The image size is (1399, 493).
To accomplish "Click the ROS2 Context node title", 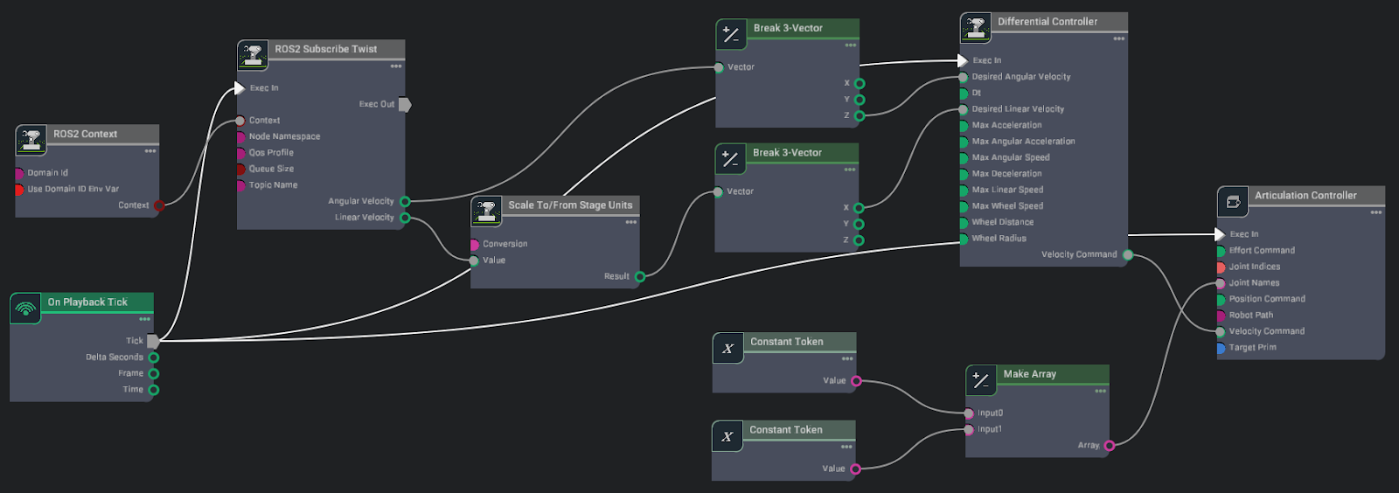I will click(x=85, y=134).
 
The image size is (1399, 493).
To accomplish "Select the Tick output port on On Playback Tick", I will click(x=153, y=341).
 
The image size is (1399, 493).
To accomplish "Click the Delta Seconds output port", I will click(x=154, y=358).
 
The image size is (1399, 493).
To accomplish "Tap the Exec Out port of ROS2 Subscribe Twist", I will click(x=405, y=104).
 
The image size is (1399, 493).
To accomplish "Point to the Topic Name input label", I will click(x=273, y=185).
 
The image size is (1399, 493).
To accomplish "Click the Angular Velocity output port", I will click(x=405, y=202).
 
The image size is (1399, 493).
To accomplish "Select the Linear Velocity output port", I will click(x=405, y=218).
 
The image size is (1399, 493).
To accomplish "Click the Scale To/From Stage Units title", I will click(x=570, y=205).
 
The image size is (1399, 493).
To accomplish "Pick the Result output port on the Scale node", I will click(x=640, y=277).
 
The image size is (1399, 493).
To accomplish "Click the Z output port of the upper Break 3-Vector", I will click(x=860, y=116).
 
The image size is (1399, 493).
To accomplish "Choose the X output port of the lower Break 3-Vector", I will click(x=859, y=208).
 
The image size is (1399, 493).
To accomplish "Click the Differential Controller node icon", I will click(x=975, y=28).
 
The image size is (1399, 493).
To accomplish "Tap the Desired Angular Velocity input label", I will click(x=1020, y=77).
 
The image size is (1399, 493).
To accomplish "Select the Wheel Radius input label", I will click(x=999, y=239).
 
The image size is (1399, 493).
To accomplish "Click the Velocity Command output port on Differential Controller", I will click(x=1128, y=255).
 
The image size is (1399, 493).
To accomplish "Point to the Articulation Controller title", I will click(x=1305, y=196).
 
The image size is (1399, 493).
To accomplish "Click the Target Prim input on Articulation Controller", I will click(x=1222, y=348).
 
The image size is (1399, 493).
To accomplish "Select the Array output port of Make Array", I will click(x=1110, y=446).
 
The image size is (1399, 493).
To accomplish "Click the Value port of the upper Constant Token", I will click(x=857, y=381).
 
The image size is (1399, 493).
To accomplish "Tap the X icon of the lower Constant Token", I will click(x=727, y=436).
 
